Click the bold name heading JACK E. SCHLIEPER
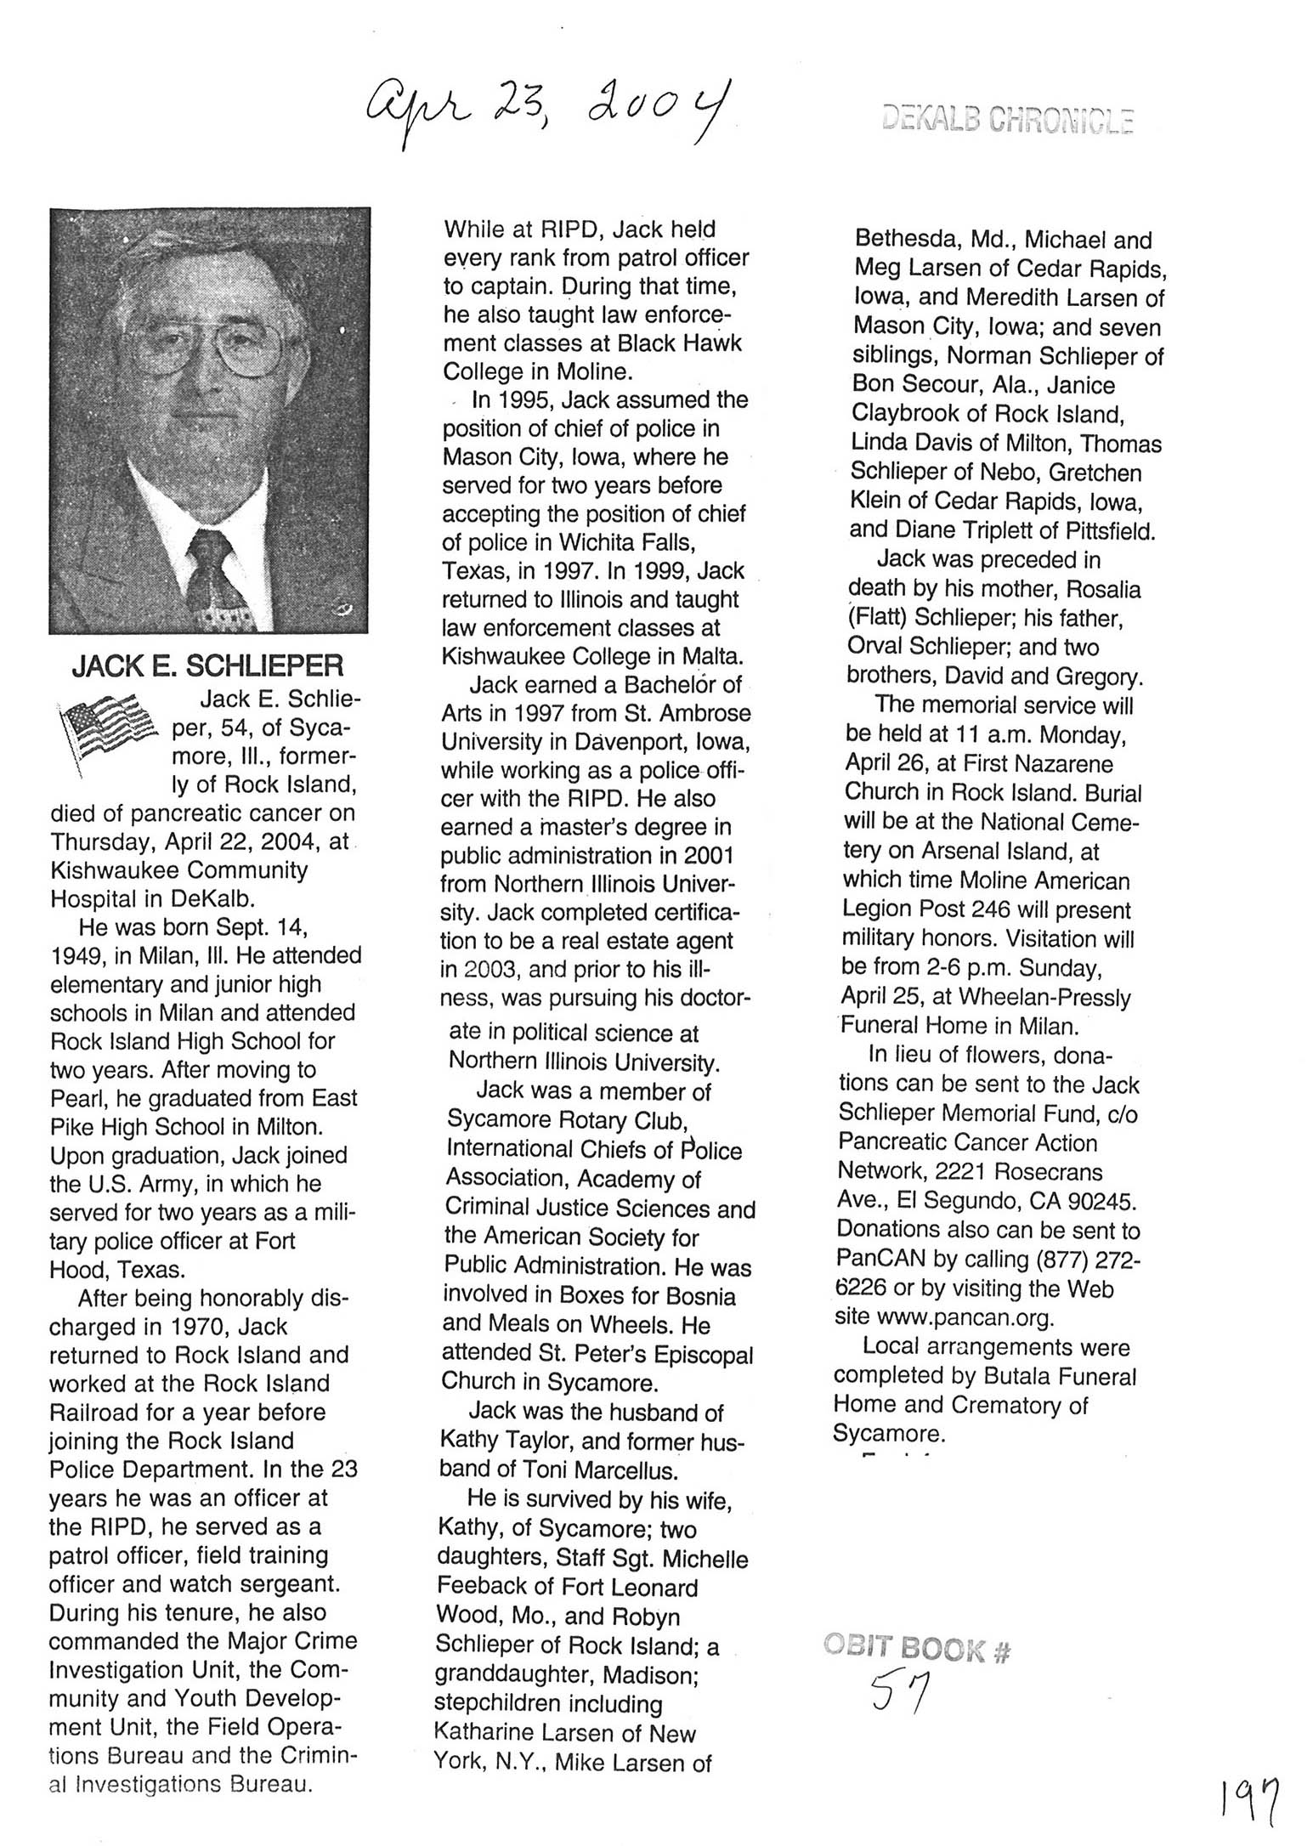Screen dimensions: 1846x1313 click(x=207, y=665)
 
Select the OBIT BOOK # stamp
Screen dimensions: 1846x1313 click(x=917, y=1650)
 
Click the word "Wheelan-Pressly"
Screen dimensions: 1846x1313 click(x=1044, y=997)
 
